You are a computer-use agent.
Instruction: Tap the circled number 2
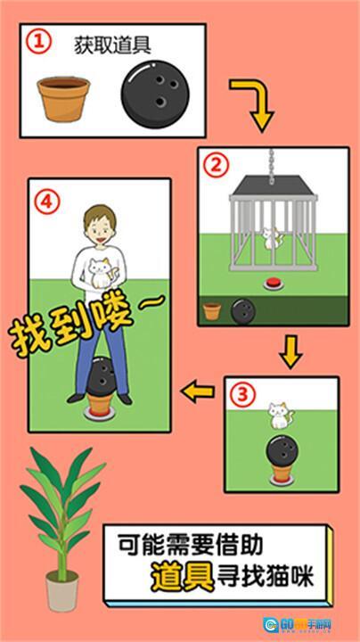click(x=215, y=166)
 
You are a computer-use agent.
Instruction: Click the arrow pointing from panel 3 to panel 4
click(x=198, y=390)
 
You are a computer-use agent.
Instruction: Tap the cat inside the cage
click(x=270, y=238)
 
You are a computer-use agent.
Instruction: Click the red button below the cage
click(x=273, y=284)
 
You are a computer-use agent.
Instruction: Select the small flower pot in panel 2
click(x=212, y=310)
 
